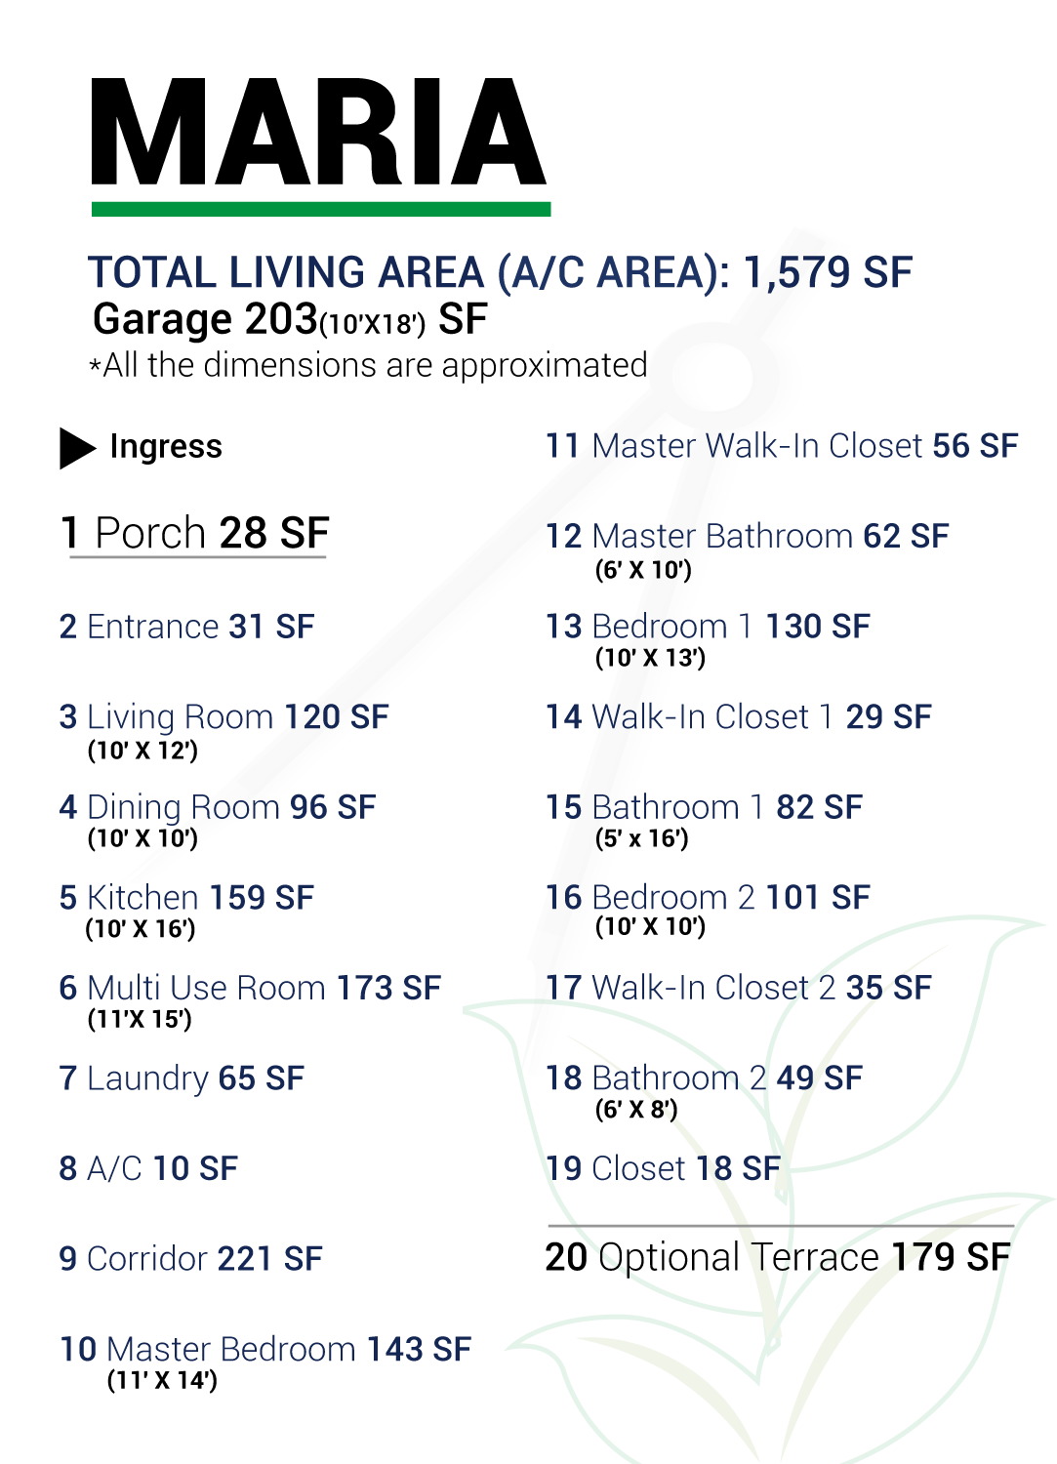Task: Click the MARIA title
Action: coord(319,132)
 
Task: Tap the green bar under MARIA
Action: coord(321,209)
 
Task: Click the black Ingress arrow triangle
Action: coord(77,448)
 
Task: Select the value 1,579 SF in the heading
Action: coord(828,272)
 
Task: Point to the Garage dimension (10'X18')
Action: coord(372,324)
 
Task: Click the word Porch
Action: coord(150,533)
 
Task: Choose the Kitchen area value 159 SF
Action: coord(262,897)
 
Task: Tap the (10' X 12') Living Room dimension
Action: coord(142,751)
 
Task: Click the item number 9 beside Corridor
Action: coord(68,1259)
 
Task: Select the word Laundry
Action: coord(147,1079)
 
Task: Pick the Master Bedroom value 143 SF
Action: coord(419,1349)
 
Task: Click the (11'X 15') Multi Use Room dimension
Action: coord(140,1019)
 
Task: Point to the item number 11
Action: coord(562,446)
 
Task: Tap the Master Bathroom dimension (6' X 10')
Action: coord(643,570)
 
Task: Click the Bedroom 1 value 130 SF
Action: coord(818,627)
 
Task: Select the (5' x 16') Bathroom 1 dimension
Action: coord(642,838)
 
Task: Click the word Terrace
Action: coord(815,1257)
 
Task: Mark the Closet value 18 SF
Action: coord(739,1168)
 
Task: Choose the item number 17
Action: coord(563,988)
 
